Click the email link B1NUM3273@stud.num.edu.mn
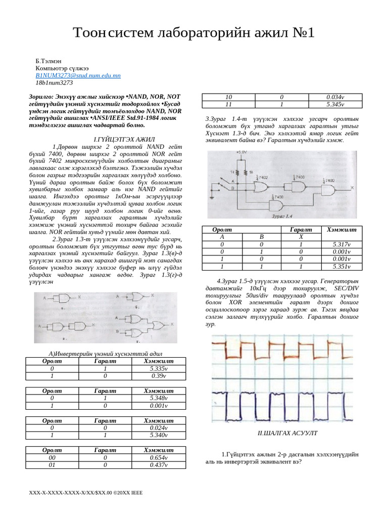pyautogui.click(x=78, y=75)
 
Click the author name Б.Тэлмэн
pyautogui.click(x=50, y=60)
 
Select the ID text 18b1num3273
pyautogui.click(x=54, y=82)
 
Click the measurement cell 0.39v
pyautogui.click(x=158, y=376)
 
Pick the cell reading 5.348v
pyautogui.click(x=158, y=398)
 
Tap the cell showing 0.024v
pyautogui.click(x=158, y=427)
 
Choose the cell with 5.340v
pyautogui.click(x=158, y=435)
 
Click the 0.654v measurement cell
pyautogui.click(x=158, y=457)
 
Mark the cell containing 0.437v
pyautogui.click(x=158, y=464)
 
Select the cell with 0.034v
pyautogui.click(x=335, y=97)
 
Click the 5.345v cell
pyautogui.click(x=335, y=104)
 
